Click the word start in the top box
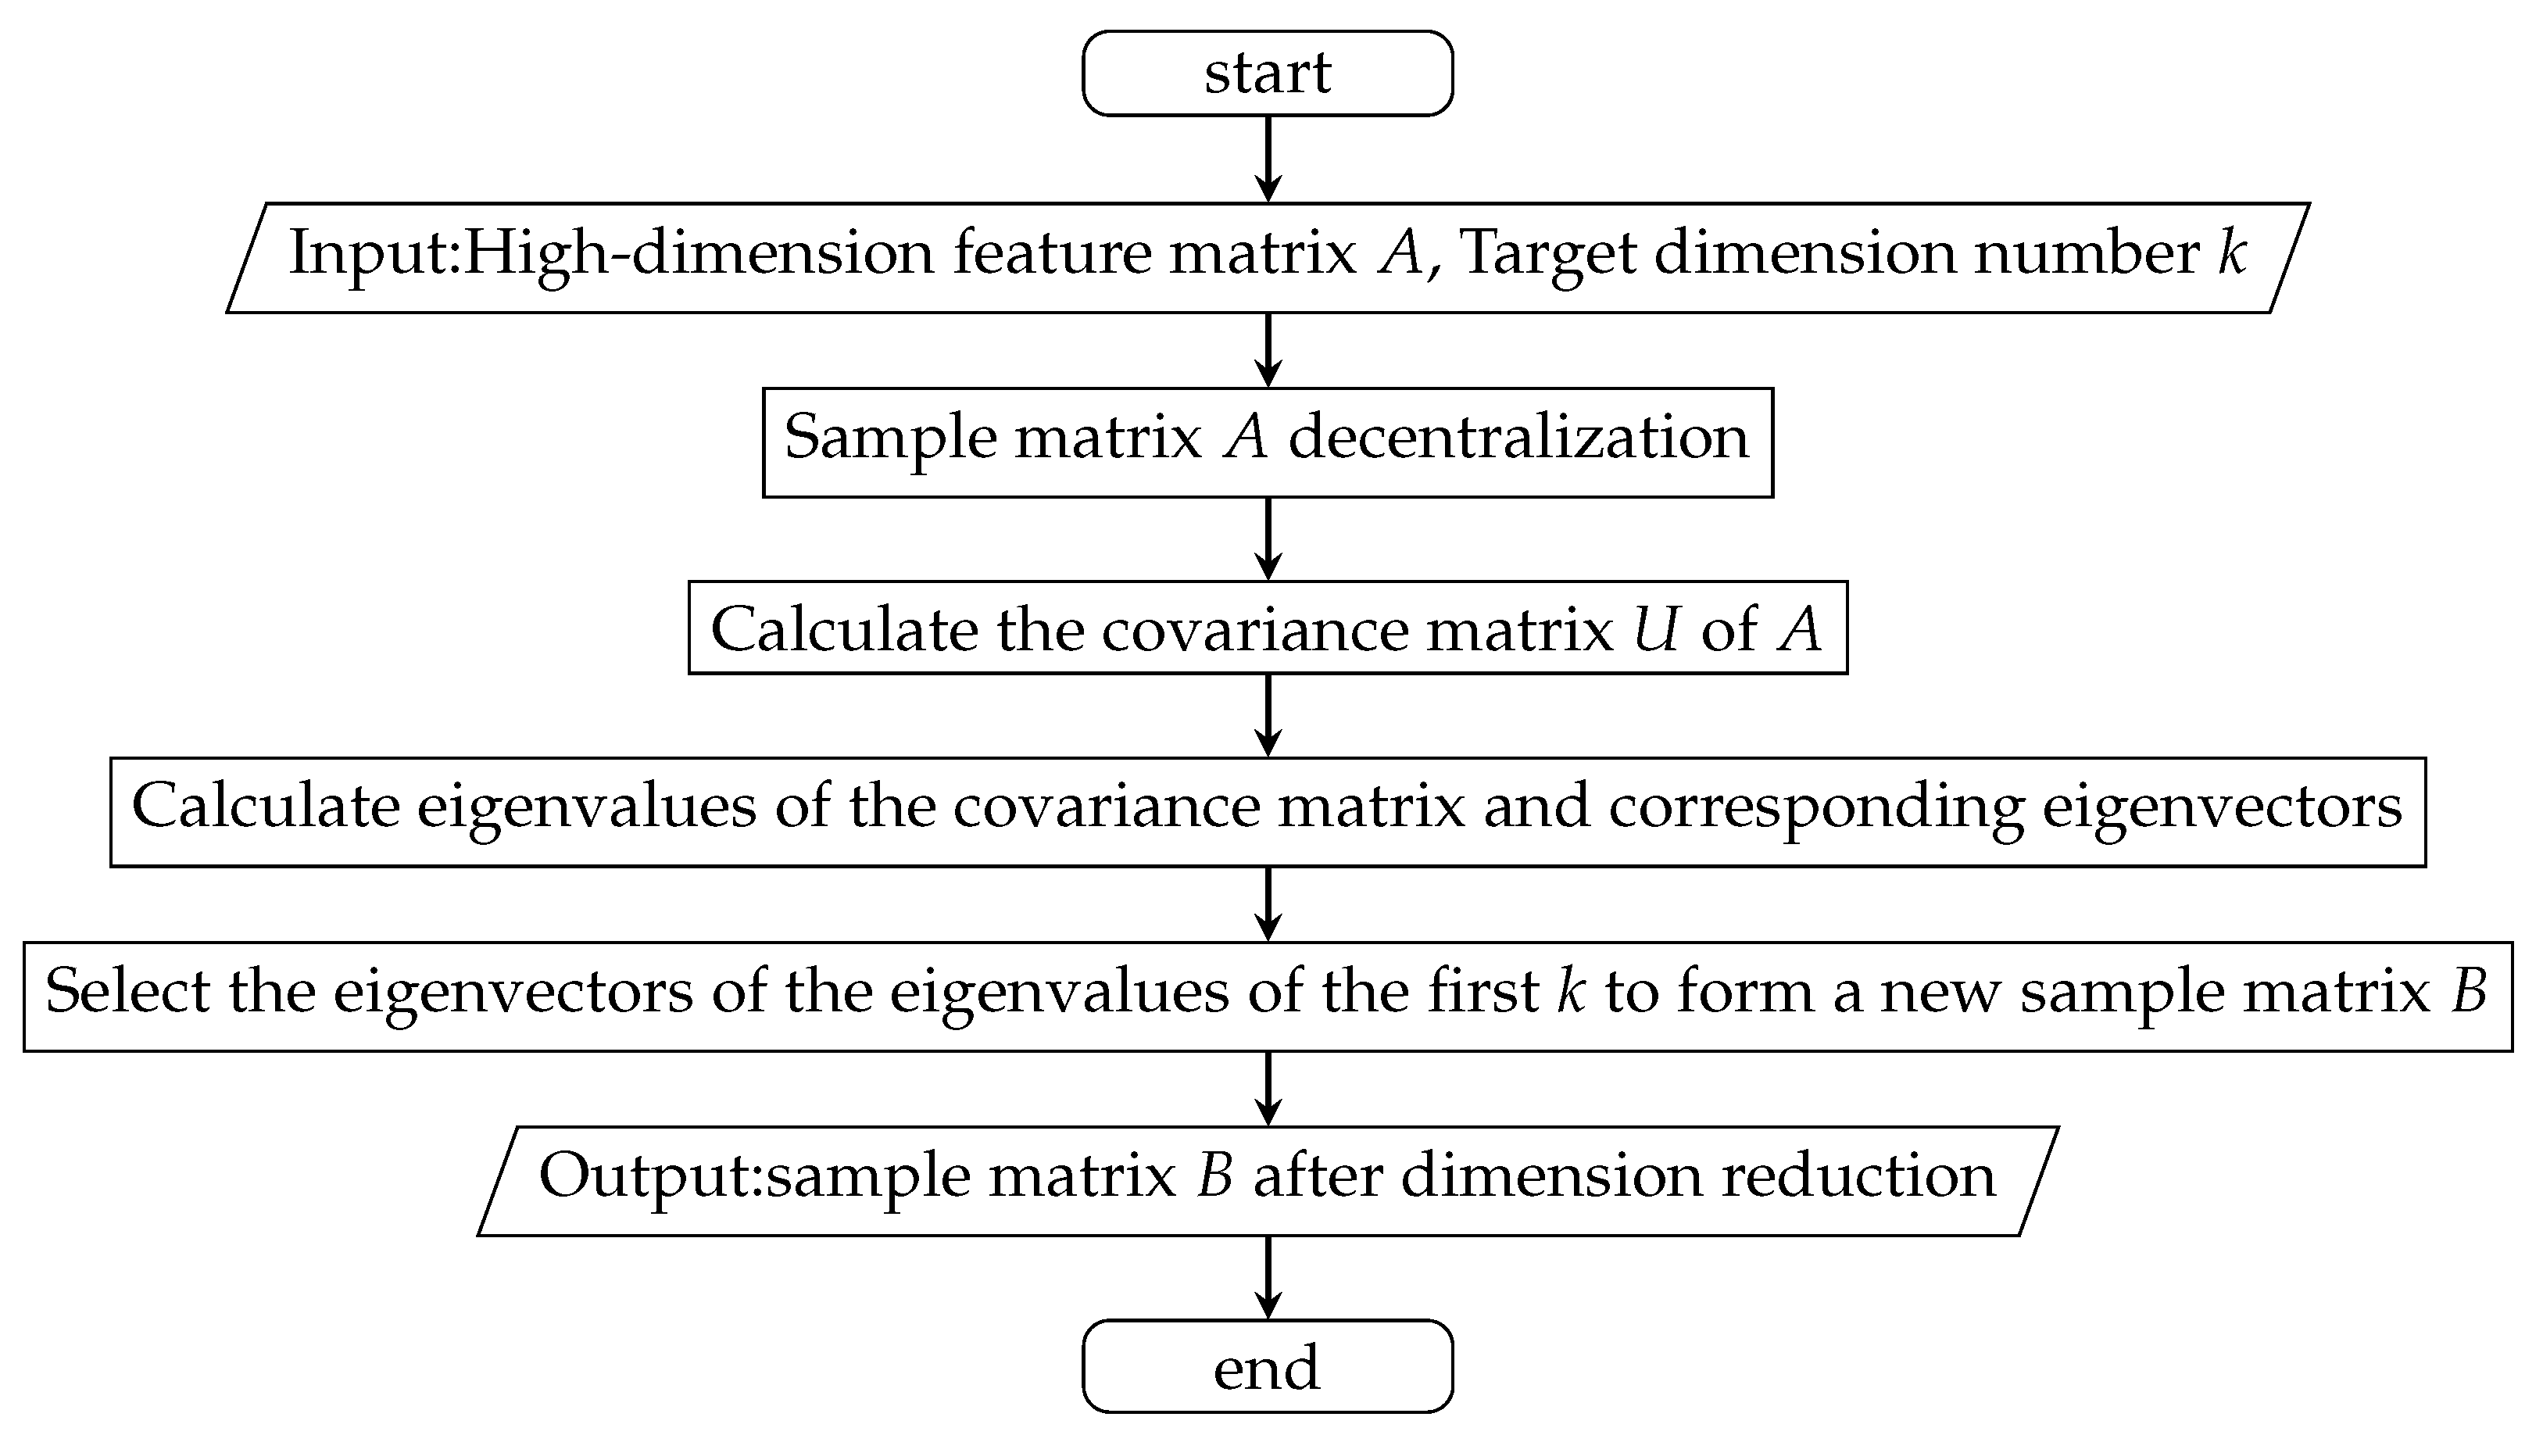(x=1267, y=73)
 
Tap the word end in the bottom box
(x=1267, y=1368)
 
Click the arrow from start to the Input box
(x=1268, y=159)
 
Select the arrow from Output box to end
(x=1268, y=1278)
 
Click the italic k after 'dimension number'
(x=2232, y=252)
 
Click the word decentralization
(x=1518, y=438)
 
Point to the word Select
(x=127, y=990)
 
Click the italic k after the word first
(x=1571, y=990)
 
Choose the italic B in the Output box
(x=1214, y=1175)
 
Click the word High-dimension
(x=698, y=253)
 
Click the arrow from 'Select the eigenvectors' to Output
(x=1268, y=1089)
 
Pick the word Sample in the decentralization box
(x=890, y=438)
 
